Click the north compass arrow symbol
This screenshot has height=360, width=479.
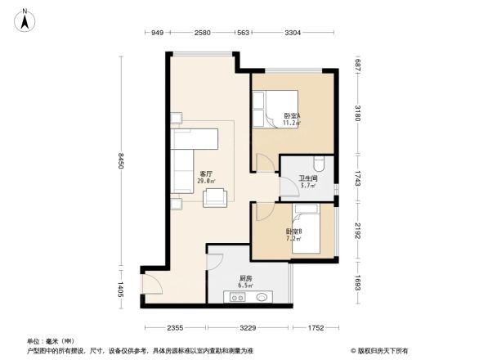click(25, 18)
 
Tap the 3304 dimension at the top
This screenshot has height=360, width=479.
click(293, 33)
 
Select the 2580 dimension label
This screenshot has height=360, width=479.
click(204, 33)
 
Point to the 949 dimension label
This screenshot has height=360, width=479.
click(159, 33)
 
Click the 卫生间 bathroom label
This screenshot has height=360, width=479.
click(307, 182)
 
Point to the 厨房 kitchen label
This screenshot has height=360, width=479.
click(245, 281)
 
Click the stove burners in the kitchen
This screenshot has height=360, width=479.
click(238, 299)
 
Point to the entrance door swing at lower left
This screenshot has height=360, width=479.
click(151, 284)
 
